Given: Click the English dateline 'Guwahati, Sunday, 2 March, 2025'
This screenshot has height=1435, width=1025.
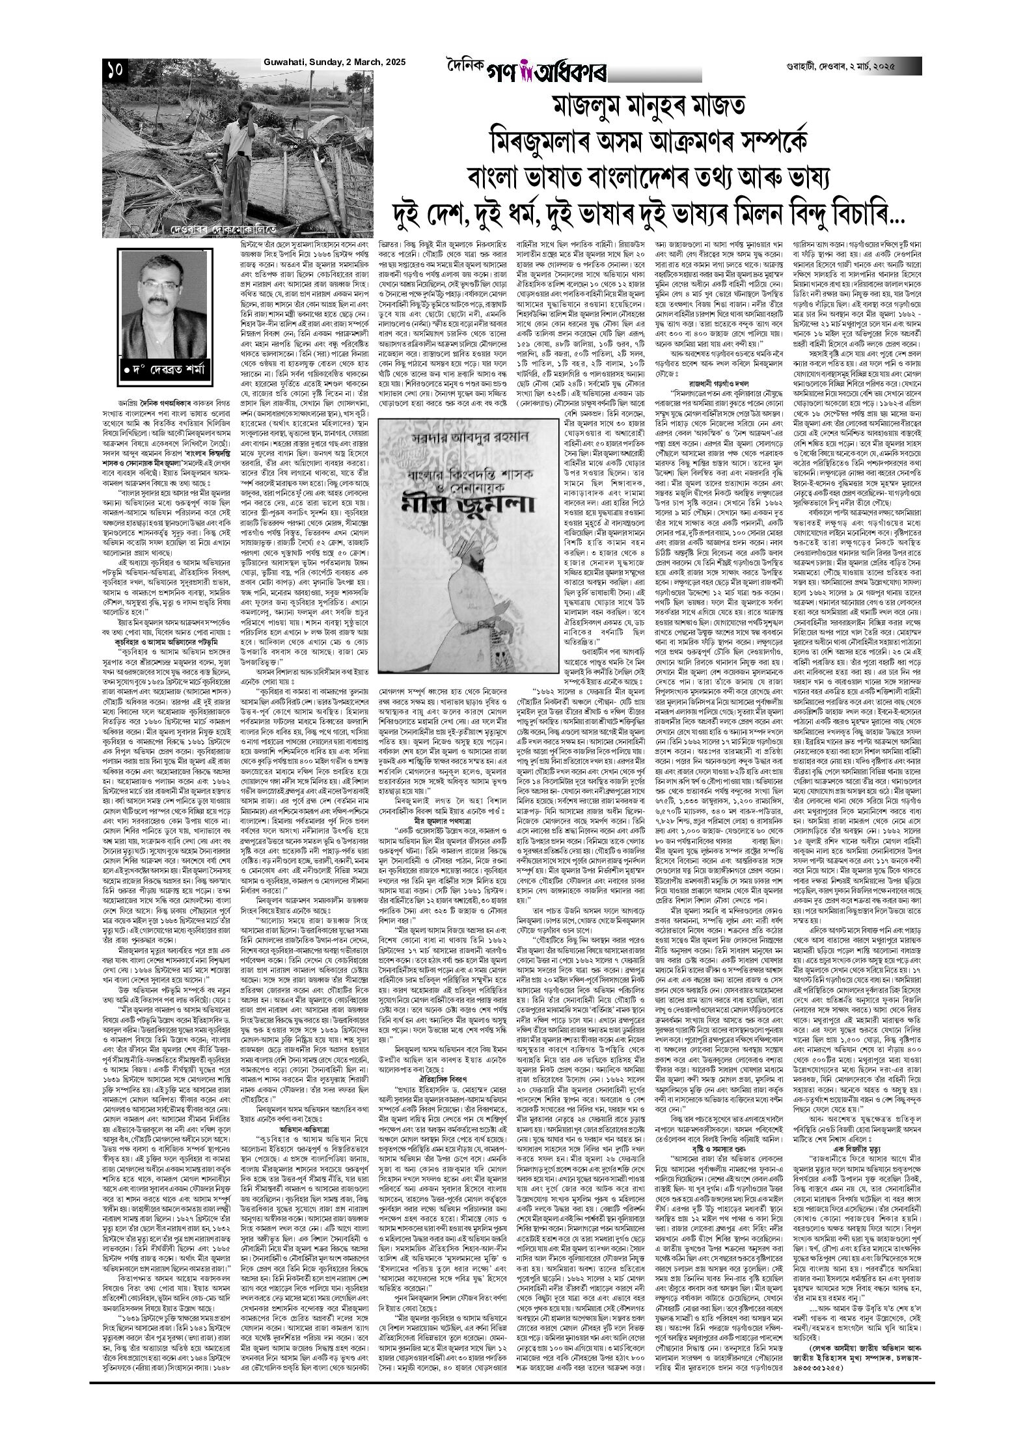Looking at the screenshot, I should pos(334,62).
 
